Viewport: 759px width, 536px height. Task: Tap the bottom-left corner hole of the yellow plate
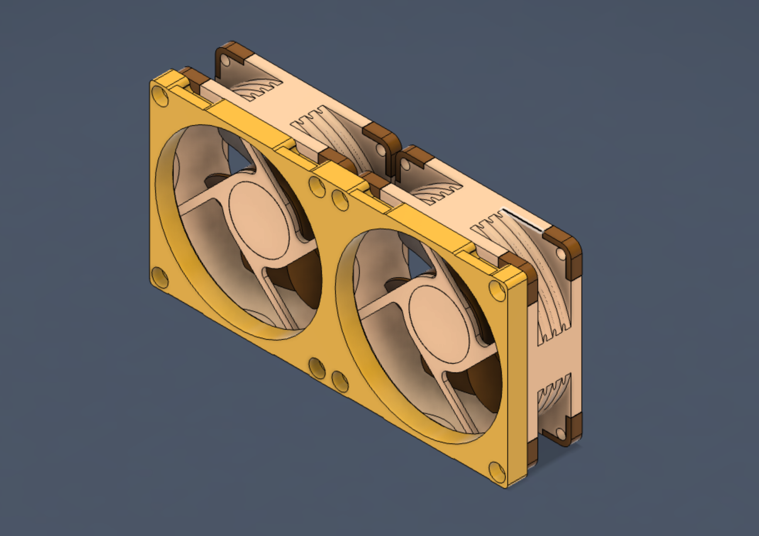(160, 276)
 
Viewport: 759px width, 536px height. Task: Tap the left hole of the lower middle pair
(317, 368)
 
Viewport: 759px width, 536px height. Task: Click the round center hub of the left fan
(259, 220)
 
